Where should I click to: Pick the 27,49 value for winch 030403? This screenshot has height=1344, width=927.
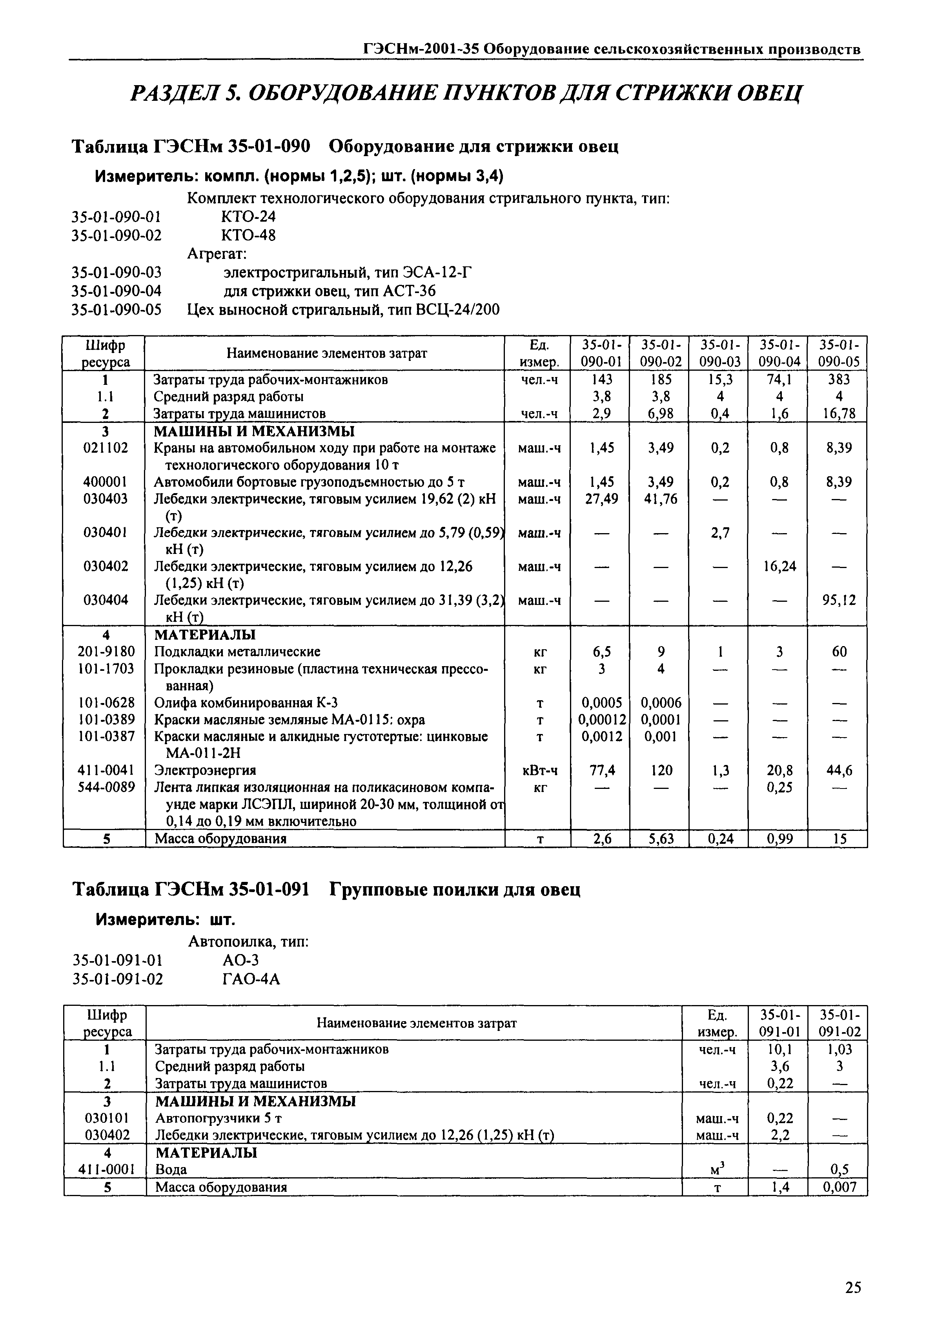[x=601, y=499]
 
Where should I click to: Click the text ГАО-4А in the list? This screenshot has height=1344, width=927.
[x=251, y=979]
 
